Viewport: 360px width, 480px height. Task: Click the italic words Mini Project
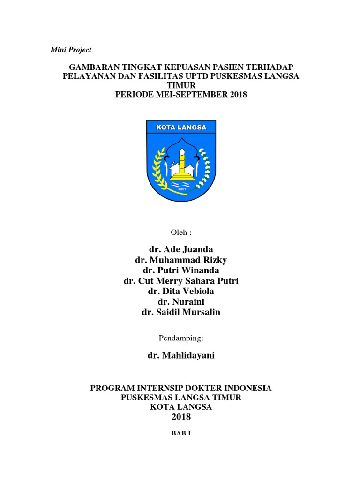point(71,50)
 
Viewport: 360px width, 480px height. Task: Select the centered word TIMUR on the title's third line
point(180,85)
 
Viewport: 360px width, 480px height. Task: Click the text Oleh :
point(180,232)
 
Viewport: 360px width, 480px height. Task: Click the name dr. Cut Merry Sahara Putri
point(180,281)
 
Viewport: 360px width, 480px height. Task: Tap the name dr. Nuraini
point(180,302)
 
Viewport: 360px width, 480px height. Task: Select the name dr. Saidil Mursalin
point(180,313)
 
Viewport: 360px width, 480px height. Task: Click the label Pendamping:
point(180,337)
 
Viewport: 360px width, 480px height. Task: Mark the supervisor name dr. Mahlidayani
point(180,355)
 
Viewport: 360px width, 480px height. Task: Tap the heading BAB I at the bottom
point(180,434)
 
